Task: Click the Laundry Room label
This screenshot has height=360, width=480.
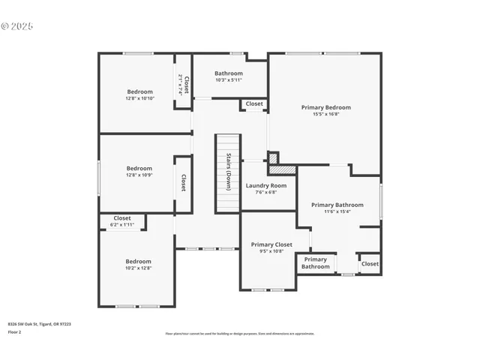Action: click(x=266, y=185)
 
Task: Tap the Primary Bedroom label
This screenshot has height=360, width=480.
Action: click(x=325, y=107)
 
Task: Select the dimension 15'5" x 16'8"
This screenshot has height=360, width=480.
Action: click(x=325, y=114)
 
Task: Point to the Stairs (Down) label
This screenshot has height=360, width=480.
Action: click(x=228, y=172)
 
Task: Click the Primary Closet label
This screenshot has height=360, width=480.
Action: click(x=271, y=244)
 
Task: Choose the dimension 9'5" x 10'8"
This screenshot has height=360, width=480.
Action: click(x=271, y=251)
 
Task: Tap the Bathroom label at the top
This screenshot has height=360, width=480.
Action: click(x=229, y=73)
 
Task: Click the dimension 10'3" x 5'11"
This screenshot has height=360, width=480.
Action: click(x=229, y=80)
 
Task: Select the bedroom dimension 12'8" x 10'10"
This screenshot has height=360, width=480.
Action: click(x=139, y=98)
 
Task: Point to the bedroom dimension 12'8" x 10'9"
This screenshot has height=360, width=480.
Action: click(x=139, y=175)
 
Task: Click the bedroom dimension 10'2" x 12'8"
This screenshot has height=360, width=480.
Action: click(x=138, y=268)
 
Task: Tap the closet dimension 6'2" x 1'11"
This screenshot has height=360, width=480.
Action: click(x=121, y=225)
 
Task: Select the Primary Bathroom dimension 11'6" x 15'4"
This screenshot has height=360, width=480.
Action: click(x=337, y=211)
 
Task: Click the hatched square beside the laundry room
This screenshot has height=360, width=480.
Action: click(x=277, y=170)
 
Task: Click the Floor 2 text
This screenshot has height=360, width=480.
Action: click(x=15, y=331)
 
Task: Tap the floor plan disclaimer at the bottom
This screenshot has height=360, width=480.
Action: click(x=240, y=334)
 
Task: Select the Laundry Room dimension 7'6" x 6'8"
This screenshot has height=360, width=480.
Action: click(x=266, y=192)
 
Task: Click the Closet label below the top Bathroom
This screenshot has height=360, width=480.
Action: click(x=254, y=103)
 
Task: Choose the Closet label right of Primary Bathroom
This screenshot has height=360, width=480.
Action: click(x=370, y=263)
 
